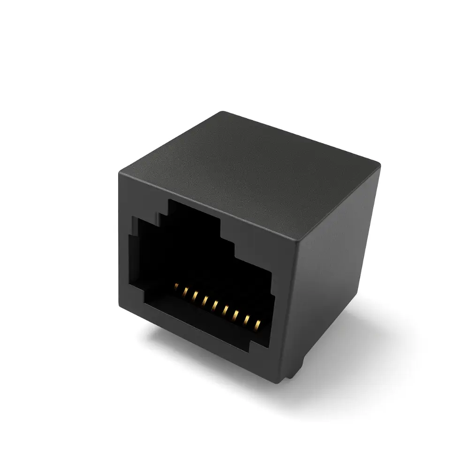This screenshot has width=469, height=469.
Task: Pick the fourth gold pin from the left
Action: click(x=205, y=300)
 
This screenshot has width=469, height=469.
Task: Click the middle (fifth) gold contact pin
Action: click(x=215, y=305)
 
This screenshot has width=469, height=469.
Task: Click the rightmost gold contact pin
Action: click(x=257, y=324)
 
